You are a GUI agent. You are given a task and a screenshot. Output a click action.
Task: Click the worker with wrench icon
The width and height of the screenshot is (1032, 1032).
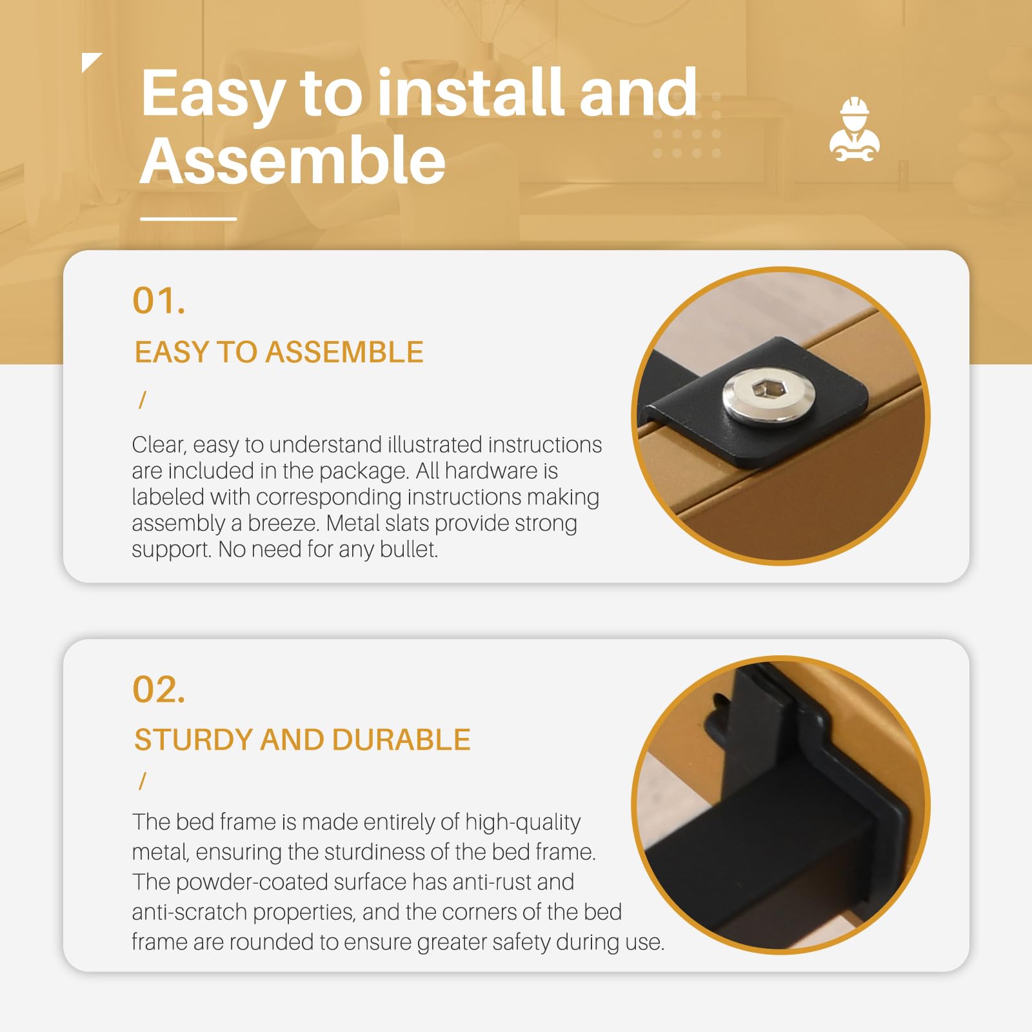tap(855, 129)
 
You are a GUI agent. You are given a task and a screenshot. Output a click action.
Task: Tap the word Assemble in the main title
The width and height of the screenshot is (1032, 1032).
tap(293, 160)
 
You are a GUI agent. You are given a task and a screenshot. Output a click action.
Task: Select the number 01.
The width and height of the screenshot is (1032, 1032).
tap(159, 301)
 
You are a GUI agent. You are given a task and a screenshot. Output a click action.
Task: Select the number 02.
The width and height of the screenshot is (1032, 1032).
tap(159, 690)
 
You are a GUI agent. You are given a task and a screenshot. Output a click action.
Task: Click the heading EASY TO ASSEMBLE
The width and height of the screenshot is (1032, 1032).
tap(279, 352)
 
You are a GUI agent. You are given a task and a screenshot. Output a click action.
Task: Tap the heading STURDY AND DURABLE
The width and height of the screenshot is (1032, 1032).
tap(302, 740)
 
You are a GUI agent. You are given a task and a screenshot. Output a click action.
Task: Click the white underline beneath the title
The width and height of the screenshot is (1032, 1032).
tap(188, 219)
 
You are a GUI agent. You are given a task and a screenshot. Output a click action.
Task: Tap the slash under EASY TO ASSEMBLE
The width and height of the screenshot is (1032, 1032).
tap(143, 401)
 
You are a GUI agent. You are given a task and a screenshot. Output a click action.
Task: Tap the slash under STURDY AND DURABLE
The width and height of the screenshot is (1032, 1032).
tap(143, 781)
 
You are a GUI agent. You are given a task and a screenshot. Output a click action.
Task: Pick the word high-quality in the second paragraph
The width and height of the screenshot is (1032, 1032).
tap(522, 822)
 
